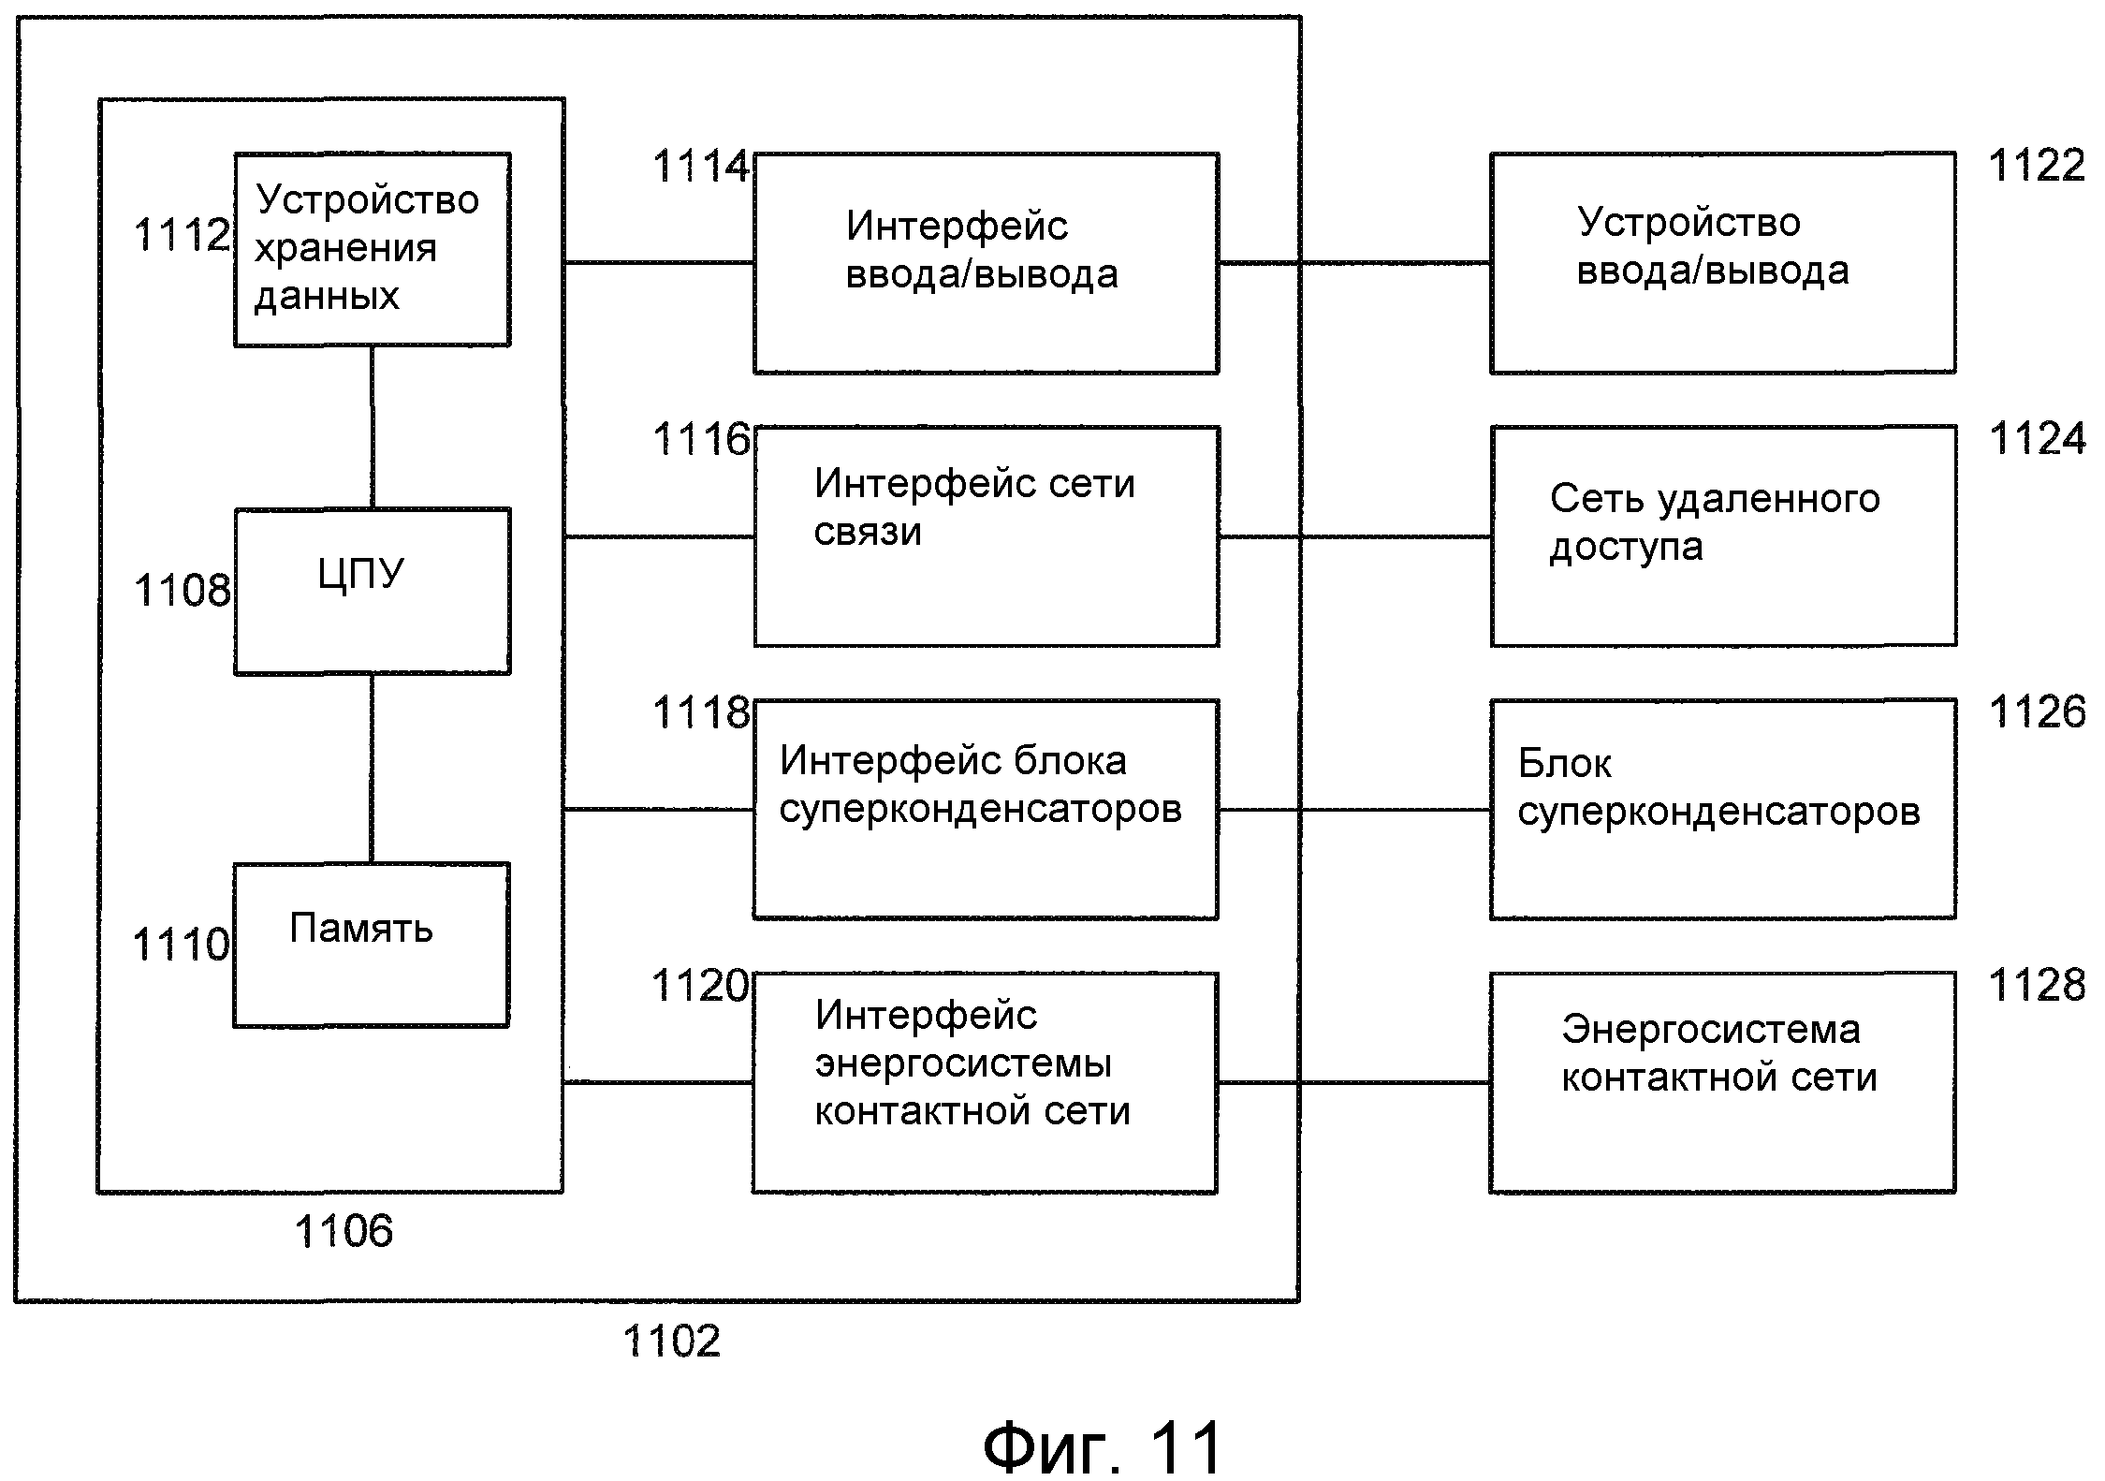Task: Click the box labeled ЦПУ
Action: tap(372, 591)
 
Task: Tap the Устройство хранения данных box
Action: tap(372, 249)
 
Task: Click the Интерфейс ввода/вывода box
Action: tap(986, 263)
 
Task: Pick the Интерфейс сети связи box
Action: tap(986, 535)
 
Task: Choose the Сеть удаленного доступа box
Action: tap(1722, 535)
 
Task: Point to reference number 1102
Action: tap(671, 1341)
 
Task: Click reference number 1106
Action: tap(344, 1231)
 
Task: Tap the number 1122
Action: tap(2036, 166)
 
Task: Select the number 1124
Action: tap(2037, 438)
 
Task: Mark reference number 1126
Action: tap(2037, 711)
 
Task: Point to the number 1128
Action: tap(2036, 985)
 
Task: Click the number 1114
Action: tap(700, 167)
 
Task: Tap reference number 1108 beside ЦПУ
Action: tap(182, 591)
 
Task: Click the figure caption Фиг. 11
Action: tap(1102, 1446)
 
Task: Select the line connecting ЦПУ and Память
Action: tap(372, 768)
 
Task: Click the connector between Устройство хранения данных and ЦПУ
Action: tap(372, 427)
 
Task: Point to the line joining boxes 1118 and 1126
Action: tap(1353, 810)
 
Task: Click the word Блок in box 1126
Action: tap(1564, 764)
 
